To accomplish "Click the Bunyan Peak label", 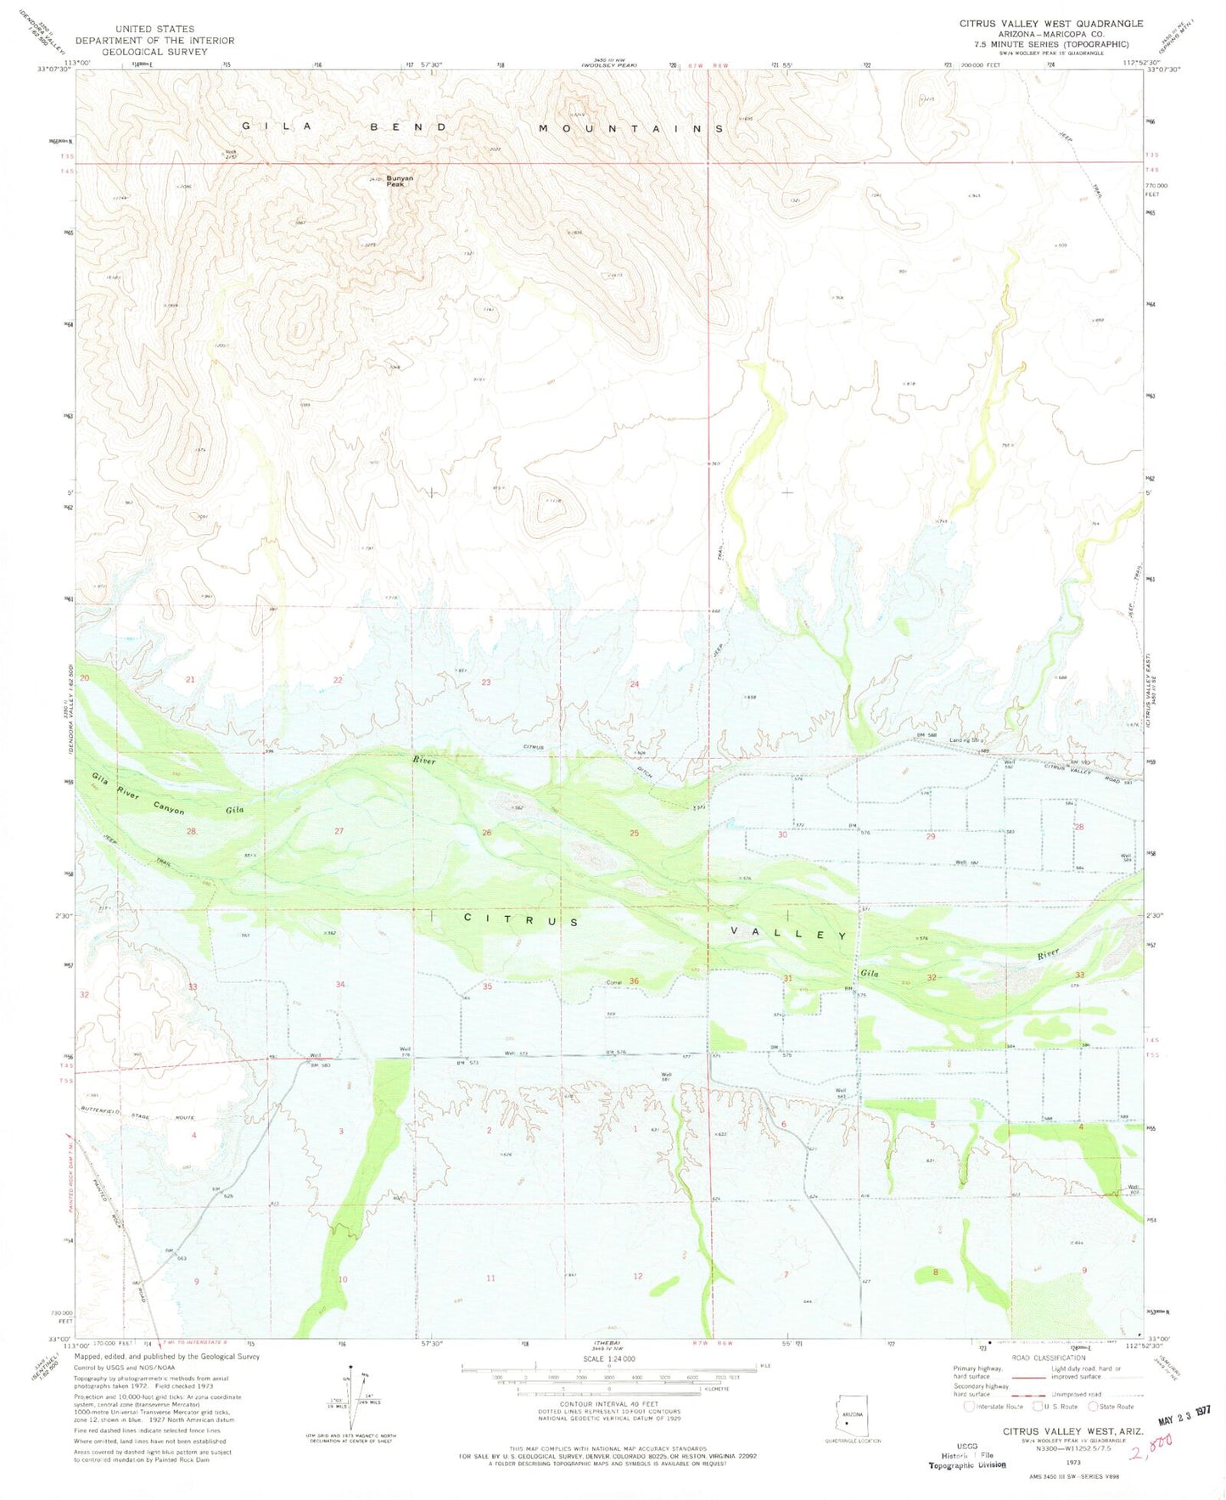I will coord(400,181).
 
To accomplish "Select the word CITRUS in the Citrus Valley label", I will coord(522,920).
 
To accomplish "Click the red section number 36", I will coord(634,981).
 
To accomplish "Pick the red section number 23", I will coord(486,683).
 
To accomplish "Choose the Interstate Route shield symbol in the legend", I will coord(970,1406).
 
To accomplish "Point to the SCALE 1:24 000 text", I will coord(610,1358).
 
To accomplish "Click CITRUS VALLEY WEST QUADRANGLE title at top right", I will coord(1050,24).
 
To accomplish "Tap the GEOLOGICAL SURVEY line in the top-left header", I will coord(154,52).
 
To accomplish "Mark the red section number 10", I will coord(343,1278).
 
